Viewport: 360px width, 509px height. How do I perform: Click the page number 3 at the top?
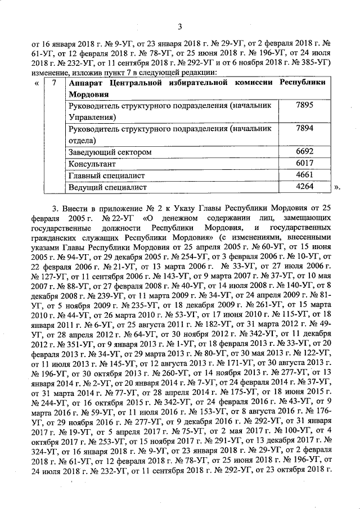coord(180,26)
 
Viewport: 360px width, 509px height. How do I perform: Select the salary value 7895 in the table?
coord(303,106)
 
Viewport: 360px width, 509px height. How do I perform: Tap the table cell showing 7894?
coord(303,129)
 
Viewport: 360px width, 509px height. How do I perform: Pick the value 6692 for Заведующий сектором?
coord(303,152)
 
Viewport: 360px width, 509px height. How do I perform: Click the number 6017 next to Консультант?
coord(303,164)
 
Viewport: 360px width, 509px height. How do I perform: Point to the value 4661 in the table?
coord(303,175)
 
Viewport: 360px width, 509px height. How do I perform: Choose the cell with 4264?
coord(303,186)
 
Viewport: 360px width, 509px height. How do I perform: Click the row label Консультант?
coord(92,164)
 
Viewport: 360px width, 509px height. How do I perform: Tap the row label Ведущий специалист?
coord(107,187)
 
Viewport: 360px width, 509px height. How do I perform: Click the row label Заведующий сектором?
coord(110,152)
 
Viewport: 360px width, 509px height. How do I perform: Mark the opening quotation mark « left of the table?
coord(36,83)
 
